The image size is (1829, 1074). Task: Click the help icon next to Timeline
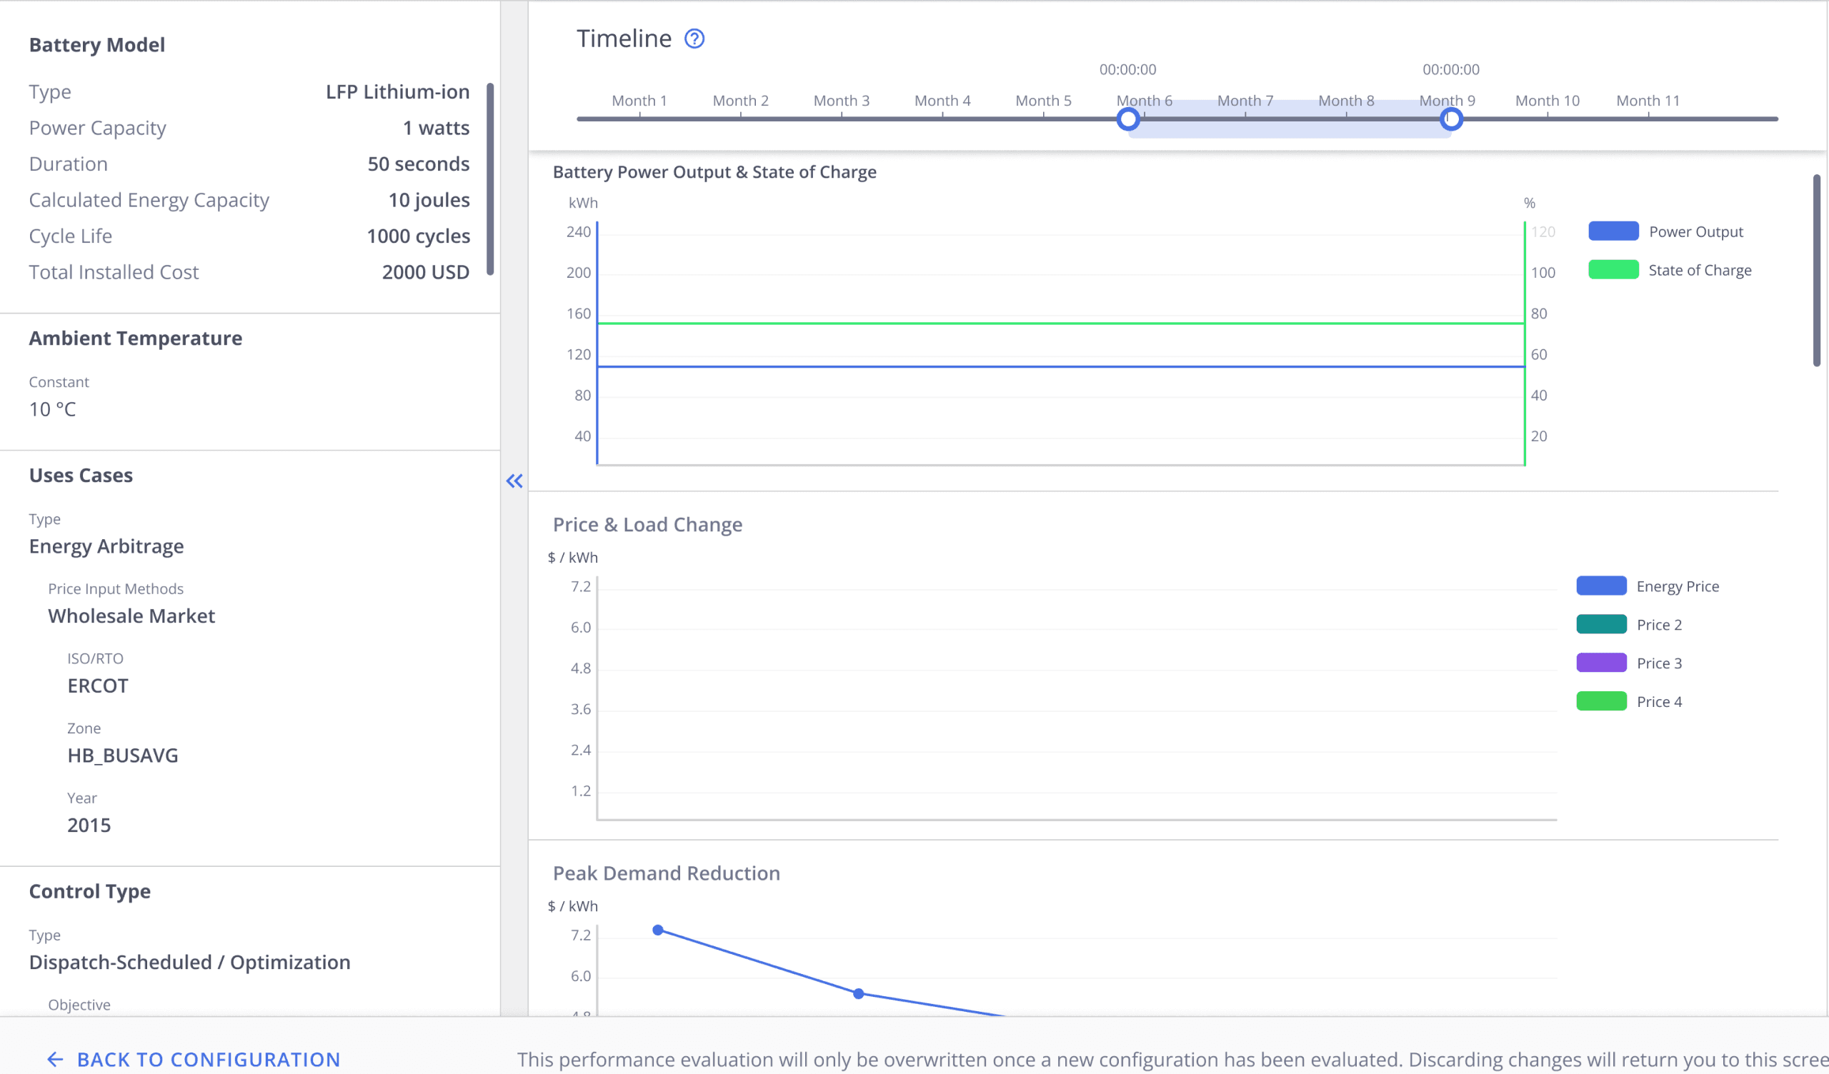[x=694, y=39]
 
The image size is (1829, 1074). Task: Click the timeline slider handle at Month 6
[x=1128, y=119]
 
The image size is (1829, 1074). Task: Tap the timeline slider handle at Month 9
[x=1451, y=119]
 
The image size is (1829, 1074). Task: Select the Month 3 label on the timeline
[x=841, y=101]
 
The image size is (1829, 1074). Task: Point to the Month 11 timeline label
[x=1648, y=101]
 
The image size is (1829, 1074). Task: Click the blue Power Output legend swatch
[x=1613, y=231]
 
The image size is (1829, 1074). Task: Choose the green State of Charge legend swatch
[x=1613, y=269]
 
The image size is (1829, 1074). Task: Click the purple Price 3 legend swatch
[x=1601, y=663]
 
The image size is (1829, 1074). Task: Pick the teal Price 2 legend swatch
[x=1601, y=624]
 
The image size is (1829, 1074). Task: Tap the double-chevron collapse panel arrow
[x=514, y=481]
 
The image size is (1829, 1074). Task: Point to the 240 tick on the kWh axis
[x=579, y=232]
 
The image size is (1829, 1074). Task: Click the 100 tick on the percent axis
[x=1543, y=273]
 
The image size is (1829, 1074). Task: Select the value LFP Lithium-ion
[x=398, y=92]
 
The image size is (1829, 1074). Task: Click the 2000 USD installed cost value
[x=426, y=272]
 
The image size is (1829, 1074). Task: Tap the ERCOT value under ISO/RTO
[x=98, y=686]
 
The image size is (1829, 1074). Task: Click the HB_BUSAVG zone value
[x=123, y=756]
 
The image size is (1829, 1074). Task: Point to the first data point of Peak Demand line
[x=658, y=930]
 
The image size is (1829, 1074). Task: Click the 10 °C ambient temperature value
[x=52, y=409]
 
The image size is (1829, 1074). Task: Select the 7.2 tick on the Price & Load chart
[x=581, y=586]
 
